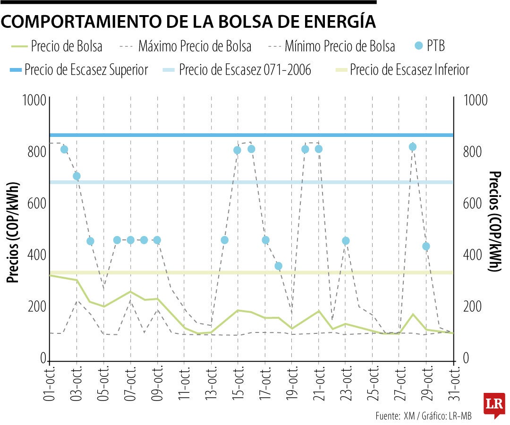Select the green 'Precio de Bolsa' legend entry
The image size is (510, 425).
pyautogui.click(x=57, y=46)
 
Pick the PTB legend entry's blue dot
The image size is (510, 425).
pyautogui.click(x=418, y=46)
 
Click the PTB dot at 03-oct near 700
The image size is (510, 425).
pyautogui.click(x=76, y=176)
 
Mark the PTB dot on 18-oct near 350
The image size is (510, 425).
pyautogui.click(x=278, y=266)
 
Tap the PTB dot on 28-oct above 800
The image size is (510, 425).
pyautogui.click(x=413, y=147)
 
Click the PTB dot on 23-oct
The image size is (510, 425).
pyautogui.click(x=346, y=241)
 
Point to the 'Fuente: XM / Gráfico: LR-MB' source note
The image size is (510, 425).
pyautogui.click(x=424, y=416)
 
